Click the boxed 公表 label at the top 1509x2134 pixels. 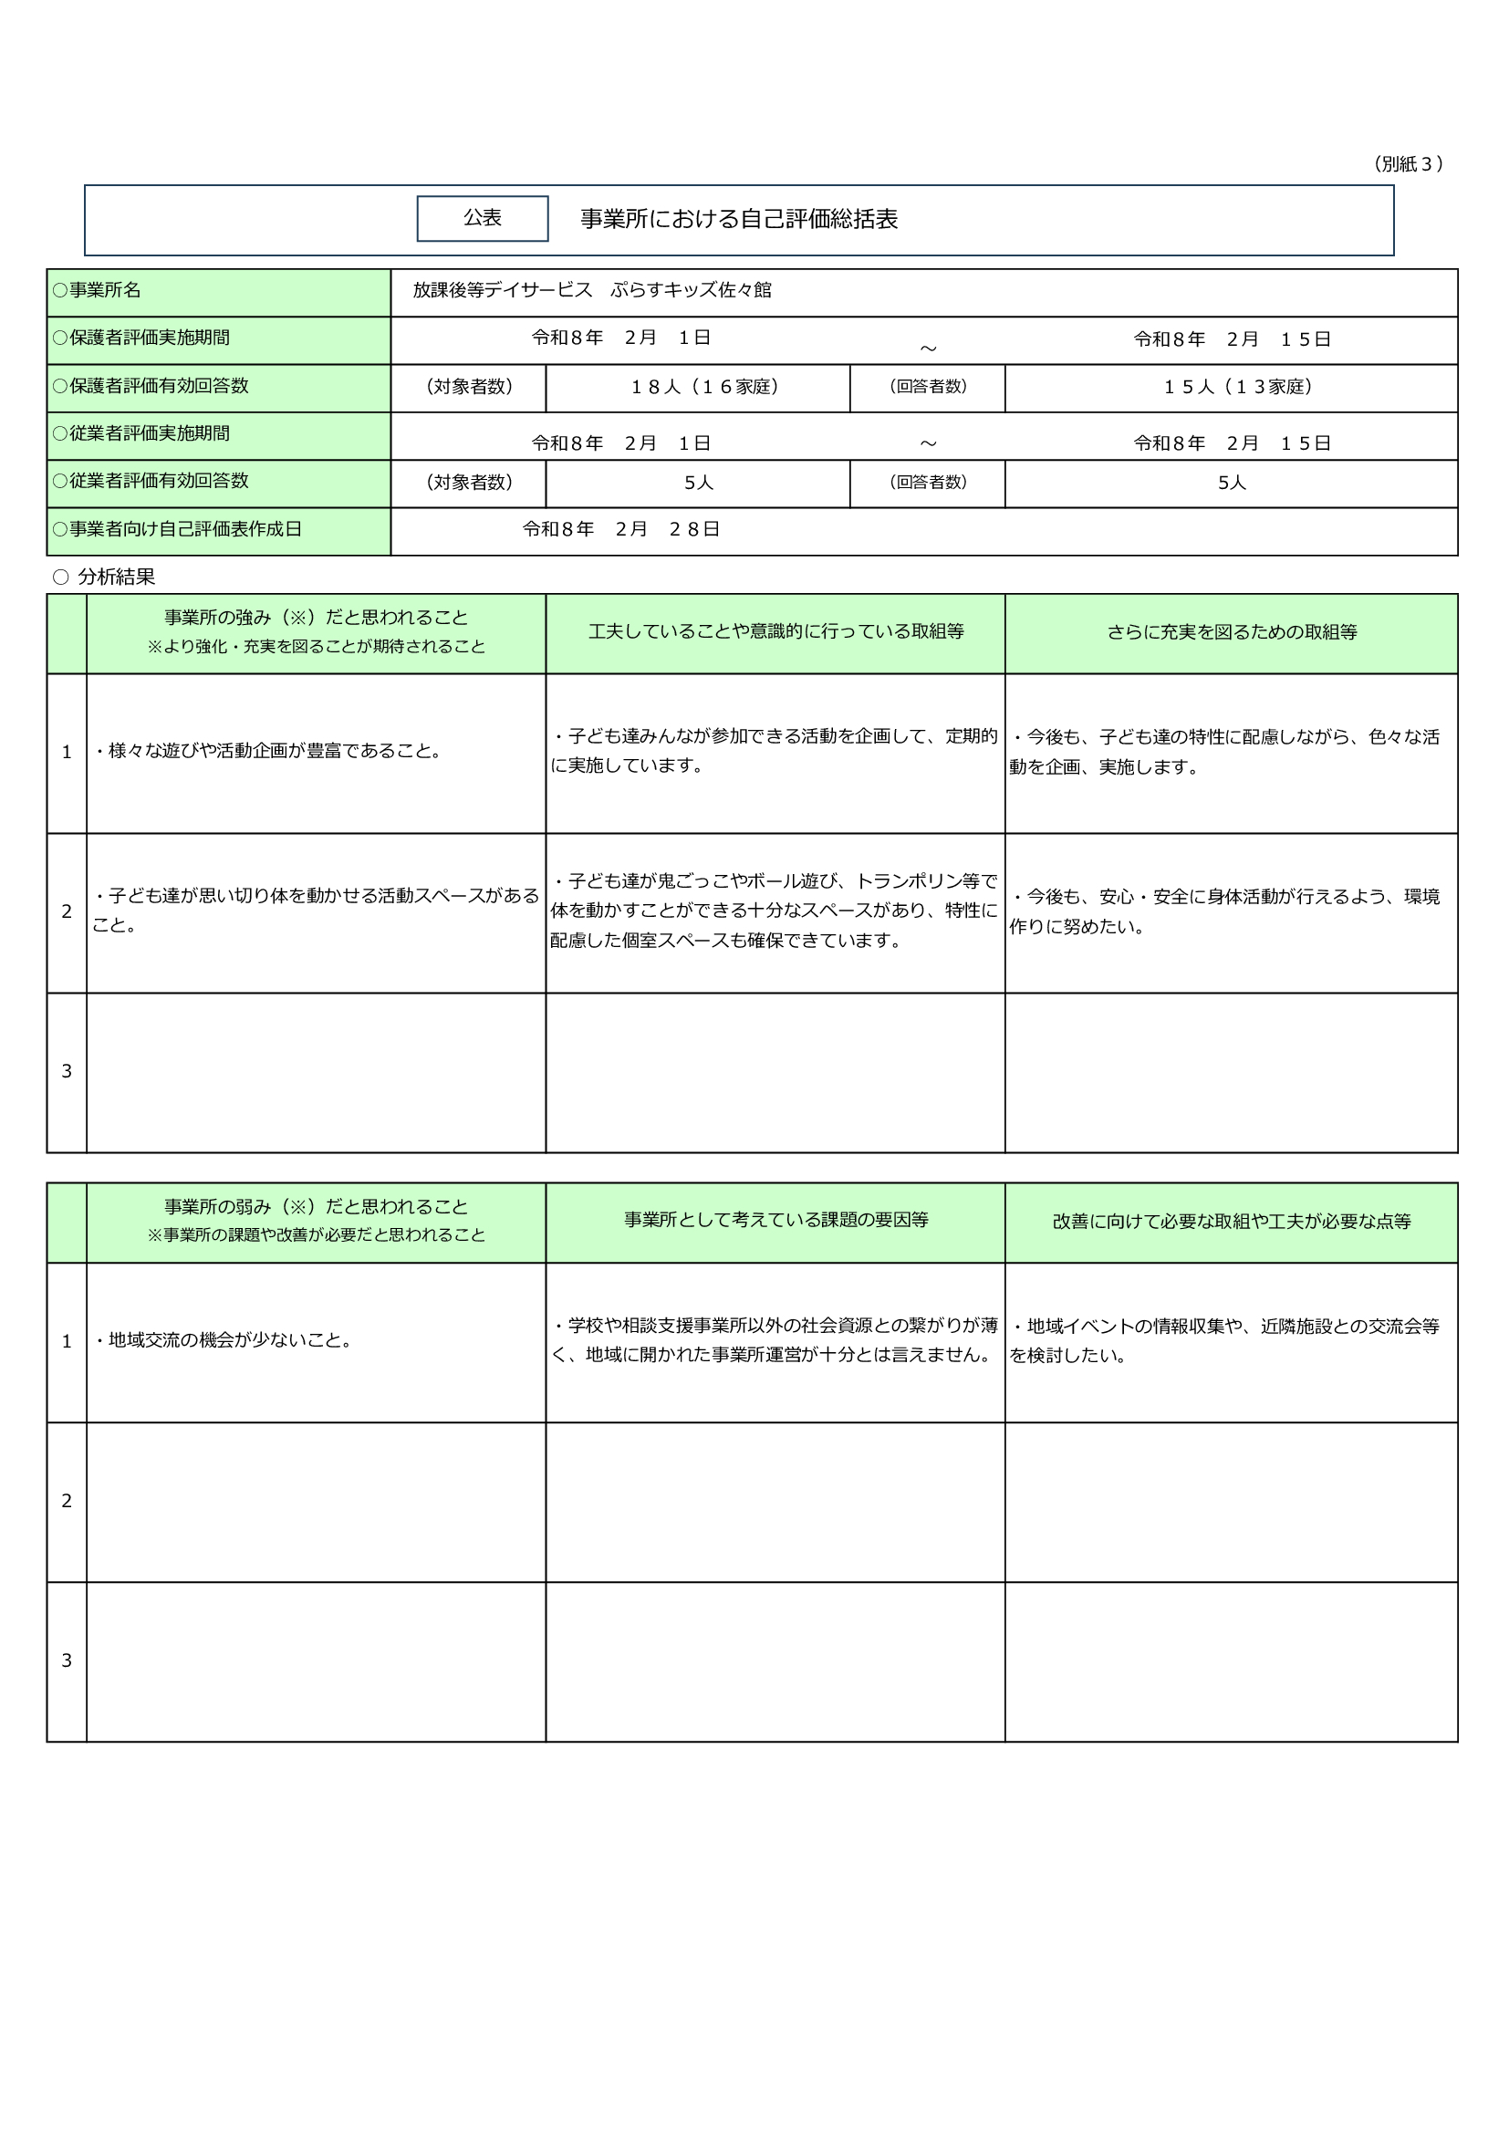pyautogui.click(x=483, y=218)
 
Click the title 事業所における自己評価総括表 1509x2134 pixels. pyautogui.click(x=739, y=219)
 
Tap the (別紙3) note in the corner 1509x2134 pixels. pyautogui.click(x=1407, y=164)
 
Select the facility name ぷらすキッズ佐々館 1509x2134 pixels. pyautogui.click(x=691, y=290)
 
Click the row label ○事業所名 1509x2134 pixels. pyautogui.click(x=98, y=291)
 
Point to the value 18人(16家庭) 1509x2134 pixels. pyautogui.click(x=704, y=387)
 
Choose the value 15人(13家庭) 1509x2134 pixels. pyautogui.click(x=1238, y=387)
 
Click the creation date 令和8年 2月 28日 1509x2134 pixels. pyautogui.click(x=620, y=530)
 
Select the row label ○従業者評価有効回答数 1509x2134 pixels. pyautogui.click(x=151, y=482)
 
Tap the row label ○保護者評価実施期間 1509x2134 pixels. pyautogui.click(x=141, y=338)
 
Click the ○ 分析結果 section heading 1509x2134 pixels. pyautogui.click(x=104, y=578)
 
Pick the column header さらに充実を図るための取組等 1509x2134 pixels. pyautogui.click(x=1231, y=633)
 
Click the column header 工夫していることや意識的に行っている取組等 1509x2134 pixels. pyautogui.click(x=775, y=632)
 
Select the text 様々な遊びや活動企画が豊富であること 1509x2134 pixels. pyautogui.click(x=268, y=751)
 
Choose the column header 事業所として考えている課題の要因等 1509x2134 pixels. pyautogui.click(x=775, y=1221)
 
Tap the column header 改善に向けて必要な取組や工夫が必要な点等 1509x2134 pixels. pyautogui.click(x=1231, y=1223)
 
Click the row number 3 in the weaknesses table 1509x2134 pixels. pyautogui.click(x=67, y=1660)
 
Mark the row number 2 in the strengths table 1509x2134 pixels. pyautogui.click(x=67, y=911)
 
